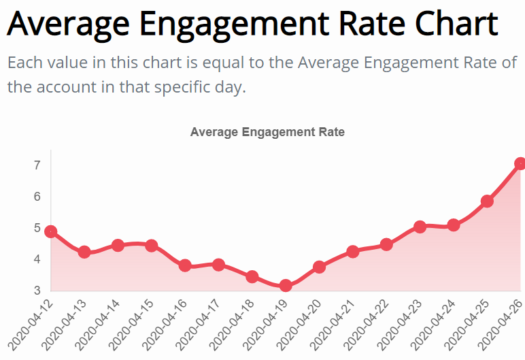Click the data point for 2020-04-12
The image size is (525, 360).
point(51,232)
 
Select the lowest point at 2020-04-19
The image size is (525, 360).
point(286,286)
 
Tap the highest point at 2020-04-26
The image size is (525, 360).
point(521,163)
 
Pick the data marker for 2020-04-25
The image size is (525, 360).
point(487,201)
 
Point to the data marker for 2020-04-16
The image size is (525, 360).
point(185,265)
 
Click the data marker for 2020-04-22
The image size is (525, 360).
point(386,244)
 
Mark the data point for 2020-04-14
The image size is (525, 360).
point(118,245)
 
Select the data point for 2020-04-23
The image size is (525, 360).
point(420,227)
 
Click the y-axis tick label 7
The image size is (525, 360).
point(37,165)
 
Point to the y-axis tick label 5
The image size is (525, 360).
point(37,228)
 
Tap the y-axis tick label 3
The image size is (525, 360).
point(37,291)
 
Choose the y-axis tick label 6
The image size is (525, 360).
point(37,197)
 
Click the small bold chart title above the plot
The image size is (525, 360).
point(267,132)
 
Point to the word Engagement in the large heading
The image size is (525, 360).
point(224,24)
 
